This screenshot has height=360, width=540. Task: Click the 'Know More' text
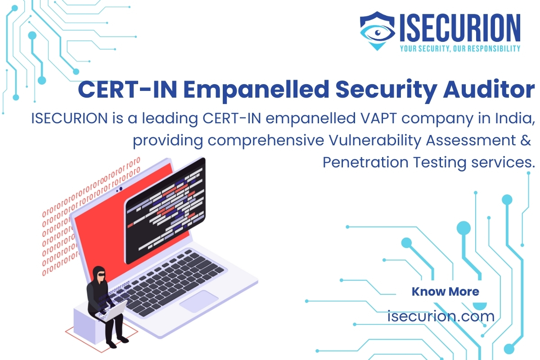pyautogui.click(x=445, y=292)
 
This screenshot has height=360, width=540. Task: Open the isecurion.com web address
pyautogui.click(x=441, y=316)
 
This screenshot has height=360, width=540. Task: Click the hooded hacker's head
pyautogui.click(x=99, y=275)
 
